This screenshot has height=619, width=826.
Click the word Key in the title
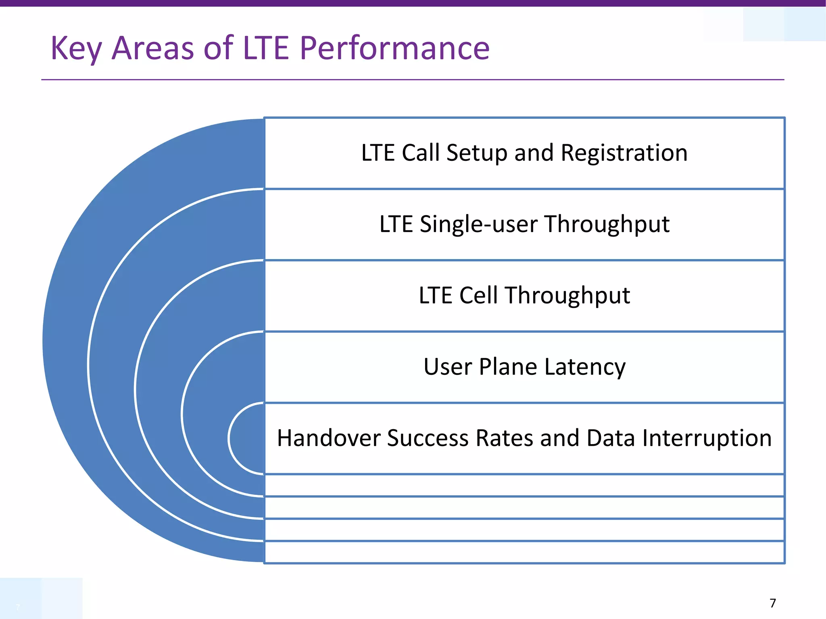click(x=76, y=48)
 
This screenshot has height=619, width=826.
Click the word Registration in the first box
click(x=624, y=153)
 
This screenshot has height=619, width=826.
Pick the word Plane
click(x=508, y=367)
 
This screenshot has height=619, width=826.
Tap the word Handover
click(x=328, y=438)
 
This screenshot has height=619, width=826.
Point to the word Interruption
click(x=707, y=438)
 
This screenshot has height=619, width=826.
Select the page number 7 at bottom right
click(x=772, y=603)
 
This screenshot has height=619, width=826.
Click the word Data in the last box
click(x=611, y=438)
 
